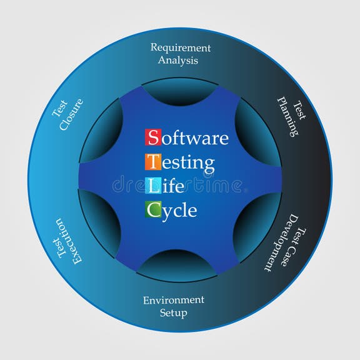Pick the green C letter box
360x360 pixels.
153,209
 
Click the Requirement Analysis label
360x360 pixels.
180,54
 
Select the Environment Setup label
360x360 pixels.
173,306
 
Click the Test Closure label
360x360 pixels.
67,114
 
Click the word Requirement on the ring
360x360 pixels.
181,48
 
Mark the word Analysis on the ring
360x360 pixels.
178,61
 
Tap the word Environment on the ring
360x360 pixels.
173,300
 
